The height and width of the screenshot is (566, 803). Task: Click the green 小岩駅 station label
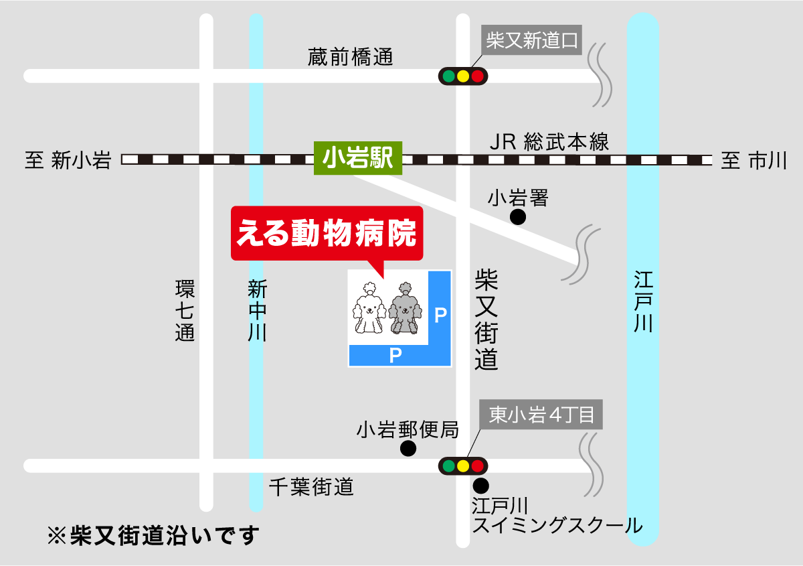357,159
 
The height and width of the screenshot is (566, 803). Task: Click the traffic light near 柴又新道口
463,76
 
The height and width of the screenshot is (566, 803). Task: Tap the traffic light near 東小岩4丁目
463,466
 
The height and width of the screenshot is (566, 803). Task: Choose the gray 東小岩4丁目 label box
542,415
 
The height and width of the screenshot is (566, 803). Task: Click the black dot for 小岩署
518,217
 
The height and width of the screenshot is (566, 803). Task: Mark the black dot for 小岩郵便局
408,449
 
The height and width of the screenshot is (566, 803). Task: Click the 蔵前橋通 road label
351,57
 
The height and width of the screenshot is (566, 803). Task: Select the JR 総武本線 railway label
549,142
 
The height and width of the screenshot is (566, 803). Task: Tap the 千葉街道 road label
311,487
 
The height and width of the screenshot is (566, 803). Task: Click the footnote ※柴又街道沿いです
153,536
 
